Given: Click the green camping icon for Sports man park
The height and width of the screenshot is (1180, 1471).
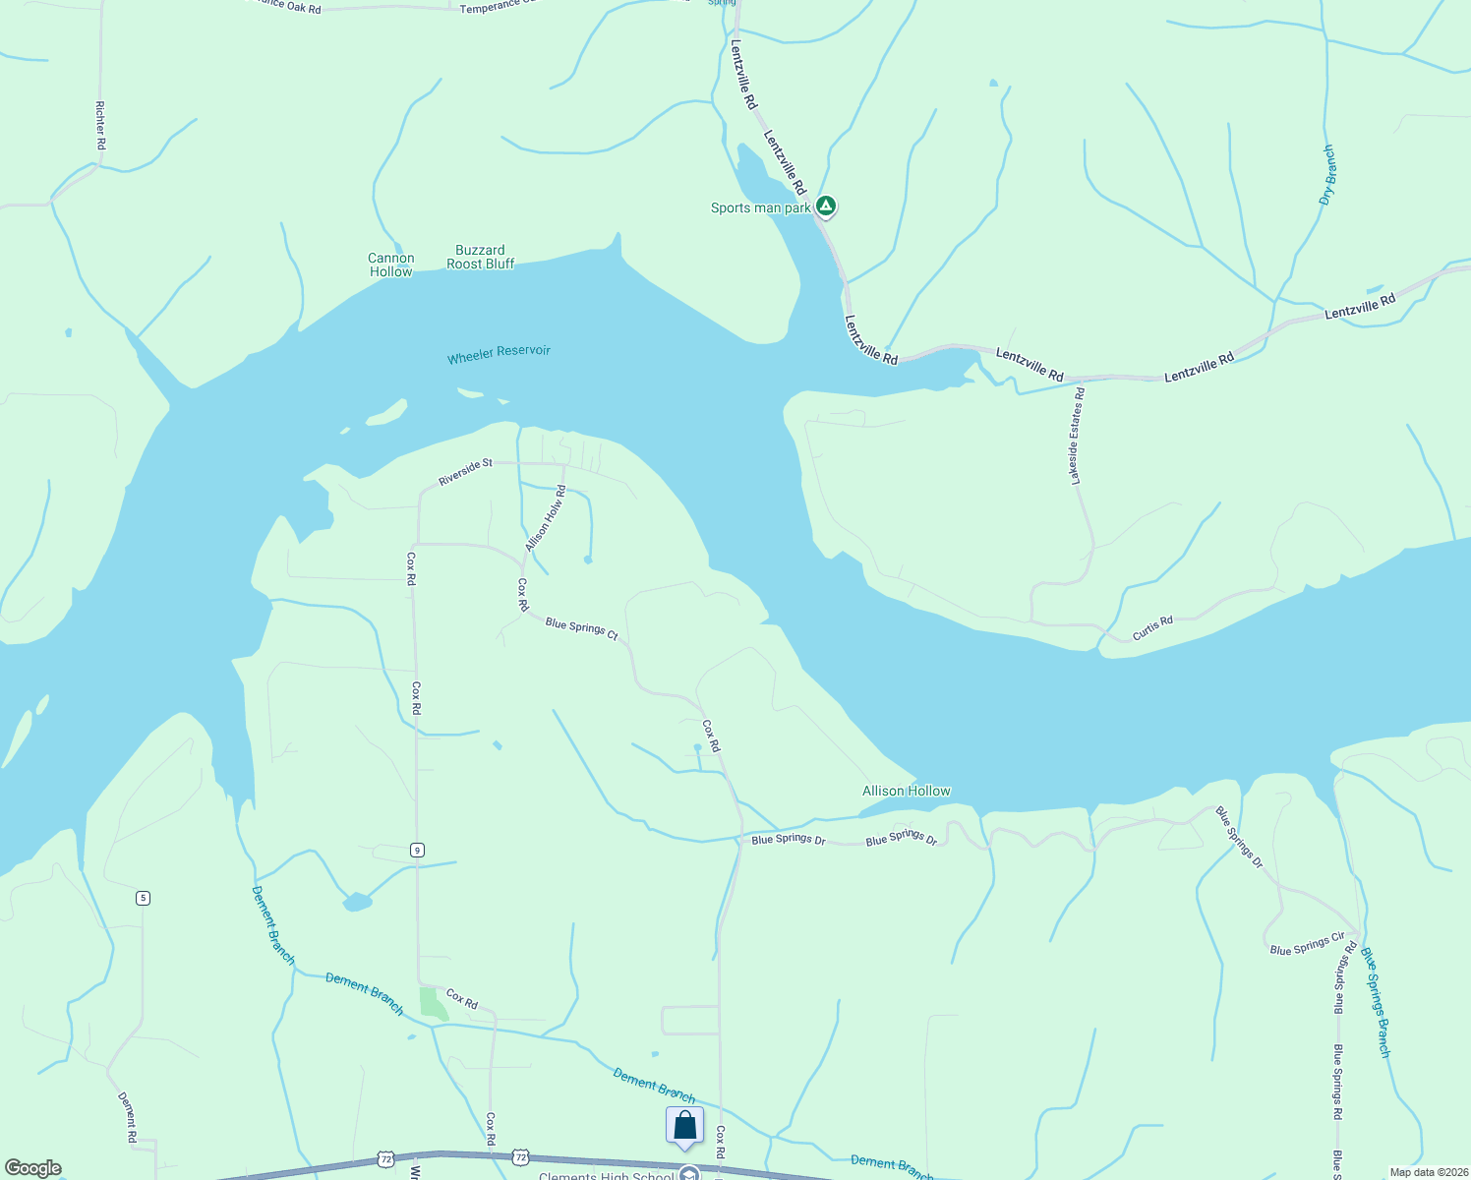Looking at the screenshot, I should coord(827,206).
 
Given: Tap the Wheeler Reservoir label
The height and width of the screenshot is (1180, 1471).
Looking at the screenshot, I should coord(499,354).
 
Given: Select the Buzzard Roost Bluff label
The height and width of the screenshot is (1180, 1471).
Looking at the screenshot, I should coord(480,257).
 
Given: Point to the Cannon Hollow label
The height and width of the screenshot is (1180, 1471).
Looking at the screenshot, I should coord(391,265).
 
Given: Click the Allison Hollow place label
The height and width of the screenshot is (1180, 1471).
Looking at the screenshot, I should coord(906,791).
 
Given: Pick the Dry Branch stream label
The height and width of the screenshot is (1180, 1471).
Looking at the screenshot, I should coord(1328,175).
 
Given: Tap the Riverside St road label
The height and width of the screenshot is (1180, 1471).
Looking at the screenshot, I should coord(465,472).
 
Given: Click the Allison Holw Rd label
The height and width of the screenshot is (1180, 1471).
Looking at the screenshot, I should coord(546,518).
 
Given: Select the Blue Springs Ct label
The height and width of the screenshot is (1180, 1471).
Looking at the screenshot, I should coord(581,629).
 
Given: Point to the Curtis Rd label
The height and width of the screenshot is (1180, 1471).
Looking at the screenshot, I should coord(1152,628).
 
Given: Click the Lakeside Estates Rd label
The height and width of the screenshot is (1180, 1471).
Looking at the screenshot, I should coord(1078,436).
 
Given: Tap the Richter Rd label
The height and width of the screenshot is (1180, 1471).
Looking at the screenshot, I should coord(100,125).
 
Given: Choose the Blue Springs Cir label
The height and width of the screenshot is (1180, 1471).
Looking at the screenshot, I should coord(1307,944).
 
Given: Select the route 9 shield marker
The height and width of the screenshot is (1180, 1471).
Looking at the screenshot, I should coord(417,850).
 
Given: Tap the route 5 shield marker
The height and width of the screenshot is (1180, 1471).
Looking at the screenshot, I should coord(143,898).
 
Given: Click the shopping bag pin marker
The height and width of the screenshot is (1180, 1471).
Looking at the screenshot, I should coord(684,1126).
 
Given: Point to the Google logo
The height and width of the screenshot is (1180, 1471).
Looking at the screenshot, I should coord(33,1168).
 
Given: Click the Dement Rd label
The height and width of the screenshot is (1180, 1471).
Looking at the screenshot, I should coord(128,1116).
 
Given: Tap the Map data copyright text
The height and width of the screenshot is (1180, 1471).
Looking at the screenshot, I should coord(1428,1172).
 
